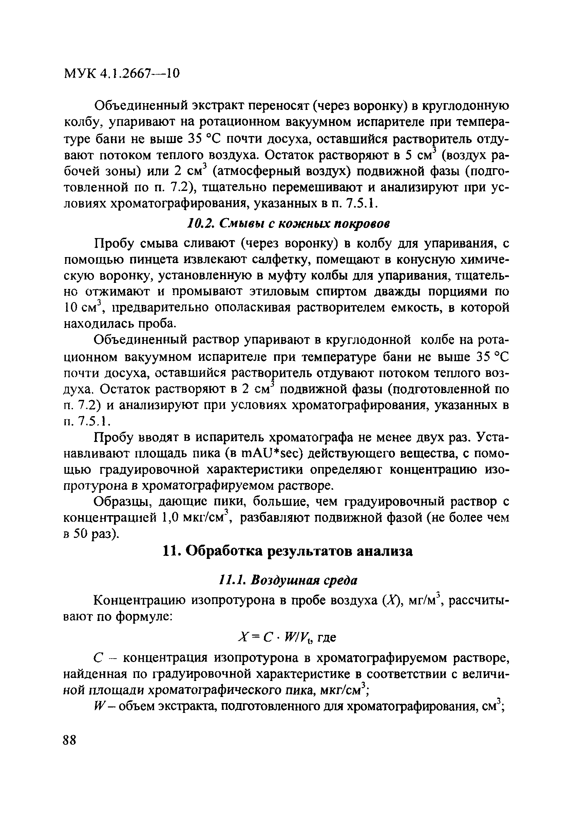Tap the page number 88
click(x=70, y=740)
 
